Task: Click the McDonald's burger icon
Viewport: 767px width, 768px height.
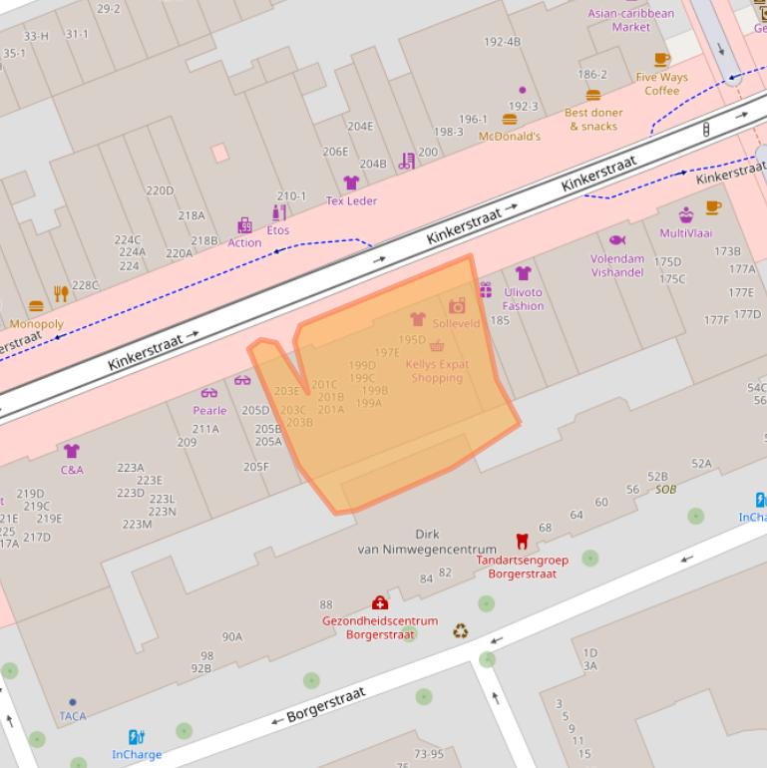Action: (x=510, y=120)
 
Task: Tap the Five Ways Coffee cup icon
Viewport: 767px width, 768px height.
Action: (x=661, y=60)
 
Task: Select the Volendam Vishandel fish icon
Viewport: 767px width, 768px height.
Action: (x=616, y=240)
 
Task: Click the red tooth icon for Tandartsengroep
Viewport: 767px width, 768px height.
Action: (x=521, y=542)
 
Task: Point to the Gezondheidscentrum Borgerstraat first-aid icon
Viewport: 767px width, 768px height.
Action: (x=379, y=602)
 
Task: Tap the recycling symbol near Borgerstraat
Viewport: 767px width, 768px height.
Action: (x=460, y=630)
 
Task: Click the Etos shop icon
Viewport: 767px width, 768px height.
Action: (x=279, y=212)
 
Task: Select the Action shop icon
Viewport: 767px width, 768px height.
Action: (x=244, y=225)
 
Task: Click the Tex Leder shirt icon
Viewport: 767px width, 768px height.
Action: (x=351, y=183)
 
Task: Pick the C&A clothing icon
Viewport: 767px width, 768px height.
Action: (x=71, y=451)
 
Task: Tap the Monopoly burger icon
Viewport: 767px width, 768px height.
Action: (x=37, y=306)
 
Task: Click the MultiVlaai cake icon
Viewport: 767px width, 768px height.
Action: (x=686, y=215)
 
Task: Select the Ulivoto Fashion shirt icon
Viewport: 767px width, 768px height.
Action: (x=523, y=273)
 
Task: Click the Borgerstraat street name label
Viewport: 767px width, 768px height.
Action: (x=326, y=703)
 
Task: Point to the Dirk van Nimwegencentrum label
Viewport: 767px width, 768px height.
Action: (x=427, y=542)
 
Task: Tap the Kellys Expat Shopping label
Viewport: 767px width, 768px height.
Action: (x=437, y=371)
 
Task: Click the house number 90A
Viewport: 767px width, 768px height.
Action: (x=231, y=636)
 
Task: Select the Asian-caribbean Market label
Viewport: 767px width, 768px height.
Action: (x=630, y=20)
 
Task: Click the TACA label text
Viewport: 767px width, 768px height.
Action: (x=72, y=716)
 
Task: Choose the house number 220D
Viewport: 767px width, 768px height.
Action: (x=160, y=191)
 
